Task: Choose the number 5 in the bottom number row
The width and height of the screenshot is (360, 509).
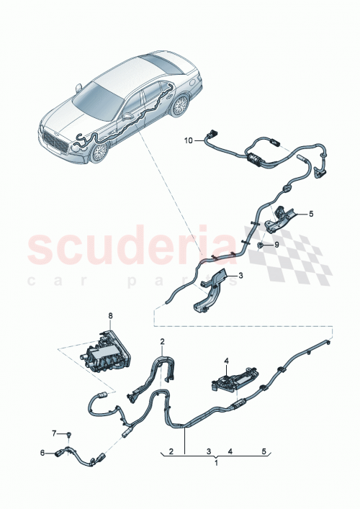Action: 264,451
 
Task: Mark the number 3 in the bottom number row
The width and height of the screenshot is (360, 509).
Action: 207,451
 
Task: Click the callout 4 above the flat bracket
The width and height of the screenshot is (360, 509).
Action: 225,361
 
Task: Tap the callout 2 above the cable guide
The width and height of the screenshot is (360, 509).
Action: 163,341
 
